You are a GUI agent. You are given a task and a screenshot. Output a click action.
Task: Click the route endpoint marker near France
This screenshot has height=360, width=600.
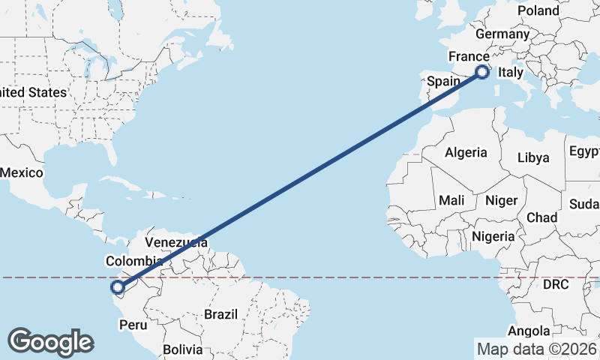(x=483, y=72)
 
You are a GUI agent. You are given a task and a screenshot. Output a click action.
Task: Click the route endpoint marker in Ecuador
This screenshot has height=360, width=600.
(x=117, y=286)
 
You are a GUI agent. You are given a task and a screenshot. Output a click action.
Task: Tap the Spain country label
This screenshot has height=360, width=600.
(x=442, y=80)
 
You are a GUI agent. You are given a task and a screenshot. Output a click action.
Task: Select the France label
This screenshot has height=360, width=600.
(x=468, y=57)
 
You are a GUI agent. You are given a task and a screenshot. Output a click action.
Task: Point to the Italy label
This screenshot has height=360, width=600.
(x=510, y=73)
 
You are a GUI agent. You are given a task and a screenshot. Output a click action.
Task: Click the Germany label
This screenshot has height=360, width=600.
(x=502, y=34)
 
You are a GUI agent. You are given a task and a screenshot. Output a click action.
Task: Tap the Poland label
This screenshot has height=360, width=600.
(x=538, y=10)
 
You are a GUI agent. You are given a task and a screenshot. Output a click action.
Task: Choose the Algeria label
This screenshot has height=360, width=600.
(x=466, y=153)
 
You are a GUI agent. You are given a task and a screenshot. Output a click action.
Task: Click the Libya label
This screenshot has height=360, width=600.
(x=534, y=157)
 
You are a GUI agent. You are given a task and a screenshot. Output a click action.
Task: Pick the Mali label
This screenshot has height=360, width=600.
(x=451, y=200)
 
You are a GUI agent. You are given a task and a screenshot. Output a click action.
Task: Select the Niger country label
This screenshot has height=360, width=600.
(x=501, y=200)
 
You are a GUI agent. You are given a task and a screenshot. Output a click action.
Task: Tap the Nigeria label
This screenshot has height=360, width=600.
(x=493, y=236)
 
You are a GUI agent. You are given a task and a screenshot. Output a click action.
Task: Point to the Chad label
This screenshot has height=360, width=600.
(x=541, y=217)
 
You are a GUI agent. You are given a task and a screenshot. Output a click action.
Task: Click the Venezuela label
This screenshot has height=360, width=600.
(x=176, y=242)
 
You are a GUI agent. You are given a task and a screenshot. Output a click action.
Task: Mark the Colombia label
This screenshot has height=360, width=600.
(x=129, y=261)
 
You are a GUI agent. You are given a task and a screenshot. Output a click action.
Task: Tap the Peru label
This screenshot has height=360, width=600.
(x=133, y=325)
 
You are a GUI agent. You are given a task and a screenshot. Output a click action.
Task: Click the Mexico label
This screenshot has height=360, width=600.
(x=20, y=172)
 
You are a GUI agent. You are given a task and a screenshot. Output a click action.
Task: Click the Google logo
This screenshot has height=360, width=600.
(x=50, y=341)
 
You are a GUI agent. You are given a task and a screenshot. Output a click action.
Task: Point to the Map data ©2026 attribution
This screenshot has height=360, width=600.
(x=536, y=349)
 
